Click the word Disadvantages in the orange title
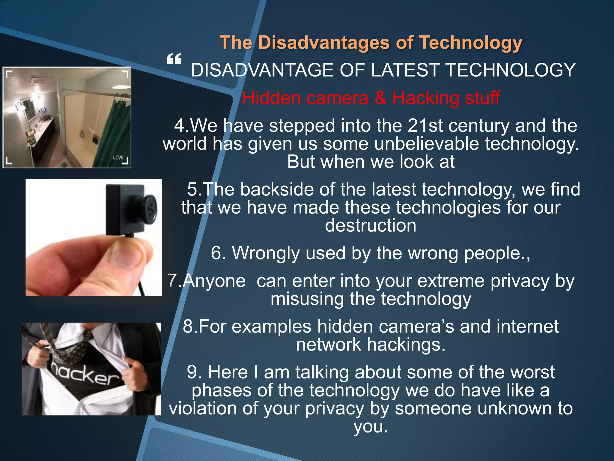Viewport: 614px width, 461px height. pyautogui.click(x=324, y=43)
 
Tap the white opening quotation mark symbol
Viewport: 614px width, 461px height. pyautogui.click(x=174, y=59)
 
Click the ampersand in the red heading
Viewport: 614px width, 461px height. pyautogui.click(x=380, y=98)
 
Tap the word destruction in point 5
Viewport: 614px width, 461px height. pyautogui.click(x=371, y=225)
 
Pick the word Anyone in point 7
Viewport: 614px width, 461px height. pyautogui.click(x=214, y=281)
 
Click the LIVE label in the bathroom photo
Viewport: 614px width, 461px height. pyautogui.click(x=118, y=158)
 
